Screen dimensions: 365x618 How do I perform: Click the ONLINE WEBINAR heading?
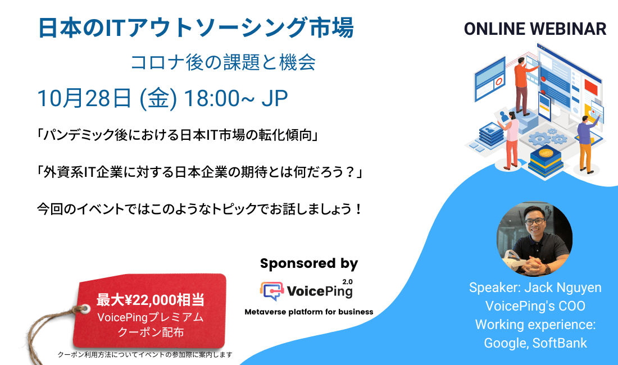point(535,29)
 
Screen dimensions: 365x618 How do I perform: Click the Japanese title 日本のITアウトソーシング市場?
point(196,28)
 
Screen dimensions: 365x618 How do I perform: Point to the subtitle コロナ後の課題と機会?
point(223,62)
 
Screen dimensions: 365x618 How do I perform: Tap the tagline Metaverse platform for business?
point(308,312)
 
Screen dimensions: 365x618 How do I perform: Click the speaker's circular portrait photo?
point(534,239)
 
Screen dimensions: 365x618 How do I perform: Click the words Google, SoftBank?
point(535,343)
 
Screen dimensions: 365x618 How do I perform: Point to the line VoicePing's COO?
point(535,306)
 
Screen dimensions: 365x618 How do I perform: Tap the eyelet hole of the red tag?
point(85,308)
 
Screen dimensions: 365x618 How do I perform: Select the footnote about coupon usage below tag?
point(145,355)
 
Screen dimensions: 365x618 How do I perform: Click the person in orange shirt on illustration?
point(521,84)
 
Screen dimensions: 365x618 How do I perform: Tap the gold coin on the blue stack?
point(544,153)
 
